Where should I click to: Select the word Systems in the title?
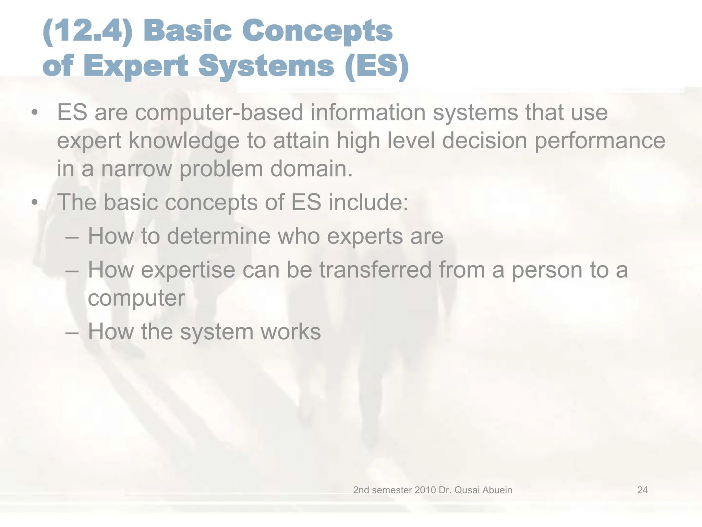pyautogui.click(x=266, y=66)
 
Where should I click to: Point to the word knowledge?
pyautogui.click(x=184, y=141)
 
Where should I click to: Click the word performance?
pyautogui.click(x=600, y=141)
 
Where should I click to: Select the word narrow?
pyautogui.click(x=136, y=169)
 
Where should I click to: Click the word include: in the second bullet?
pyautogui.click(x=368, y=202)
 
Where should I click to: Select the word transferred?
pyautogui.click(x=375, y=270)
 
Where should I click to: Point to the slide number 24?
pyautogui.click(x=642, y=490)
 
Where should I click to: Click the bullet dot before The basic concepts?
pyautogui.click(x=34, y=202)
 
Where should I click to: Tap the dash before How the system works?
pyautogui.click(x=72, y=332)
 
